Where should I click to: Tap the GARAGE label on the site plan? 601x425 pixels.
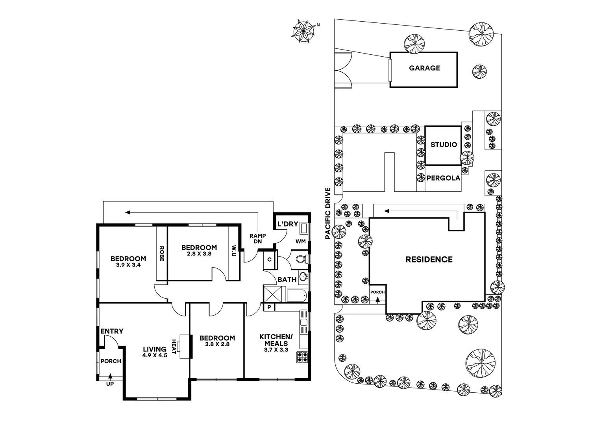coord(424,68)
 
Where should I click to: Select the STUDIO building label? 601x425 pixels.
coord(444,145)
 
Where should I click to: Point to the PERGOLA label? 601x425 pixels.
coord(443,178)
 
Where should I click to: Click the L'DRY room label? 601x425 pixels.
coord(288,224)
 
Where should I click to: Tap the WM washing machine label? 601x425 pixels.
coord(300,241)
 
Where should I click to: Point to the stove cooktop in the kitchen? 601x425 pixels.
coord(302,357)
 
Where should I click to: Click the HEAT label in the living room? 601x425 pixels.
coord(174,346)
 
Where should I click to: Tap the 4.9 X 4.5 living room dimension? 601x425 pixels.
coord(155,355)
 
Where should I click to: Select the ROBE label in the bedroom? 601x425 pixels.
coord(162,254)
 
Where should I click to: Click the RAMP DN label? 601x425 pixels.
coord(258,238)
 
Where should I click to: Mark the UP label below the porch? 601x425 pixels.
coord(110,384)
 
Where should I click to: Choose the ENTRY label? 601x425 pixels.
coord(112,331)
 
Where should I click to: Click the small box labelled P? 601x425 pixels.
coord(269,307)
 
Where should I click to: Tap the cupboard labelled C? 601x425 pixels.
coord(269,260)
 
